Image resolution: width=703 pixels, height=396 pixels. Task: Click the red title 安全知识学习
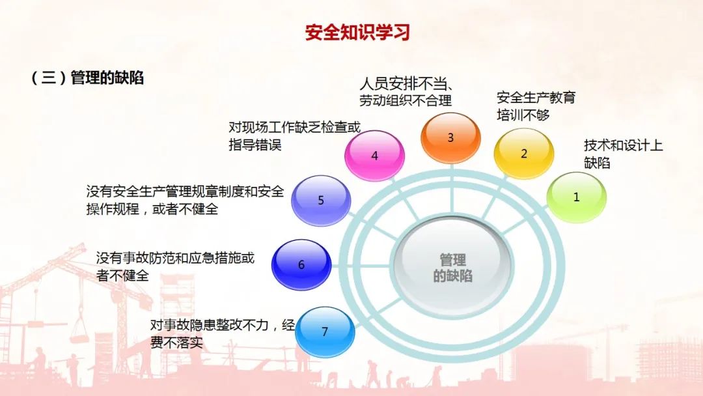click(357, 33)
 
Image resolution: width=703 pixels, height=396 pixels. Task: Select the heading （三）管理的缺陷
click(87, 78)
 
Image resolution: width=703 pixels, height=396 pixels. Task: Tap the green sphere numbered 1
click(576, 197)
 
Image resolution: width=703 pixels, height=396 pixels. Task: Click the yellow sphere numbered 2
click(523, 153)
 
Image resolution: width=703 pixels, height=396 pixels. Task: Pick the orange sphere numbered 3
click(450, 137)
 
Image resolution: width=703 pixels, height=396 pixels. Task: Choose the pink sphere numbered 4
click(374, 156)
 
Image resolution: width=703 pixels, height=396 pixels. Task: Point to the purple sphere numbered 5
click(321, 200)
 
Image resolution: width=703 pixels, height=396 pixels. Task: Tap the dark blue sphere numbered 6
click(301, 264)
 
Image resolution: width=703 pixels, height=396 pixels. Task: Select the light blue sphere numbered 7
click(325, 332)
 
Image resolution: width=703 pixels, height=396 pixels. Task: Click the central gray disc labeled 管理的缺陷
click(452, 267)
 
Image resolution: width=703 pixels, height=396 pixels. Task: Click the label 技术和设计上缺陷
click(623, 154)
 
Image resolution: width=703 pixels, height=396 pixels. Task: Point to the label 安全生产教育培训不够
click(536, 106)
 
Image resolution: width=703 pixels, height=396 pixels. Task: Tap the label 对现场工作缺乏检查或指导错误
click(295, 136)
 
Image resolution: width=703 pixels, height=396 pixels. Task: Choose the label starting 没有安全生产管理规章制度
click(185, 200)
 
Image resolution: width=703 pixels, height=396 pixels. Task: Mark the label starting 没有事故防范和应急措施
click(175, 266)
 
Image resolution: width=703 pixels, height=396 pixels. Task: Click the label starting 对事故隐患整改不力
click(223, 333)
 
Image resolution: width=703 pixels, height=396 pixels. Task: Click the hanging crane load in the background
click(81, 330)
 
